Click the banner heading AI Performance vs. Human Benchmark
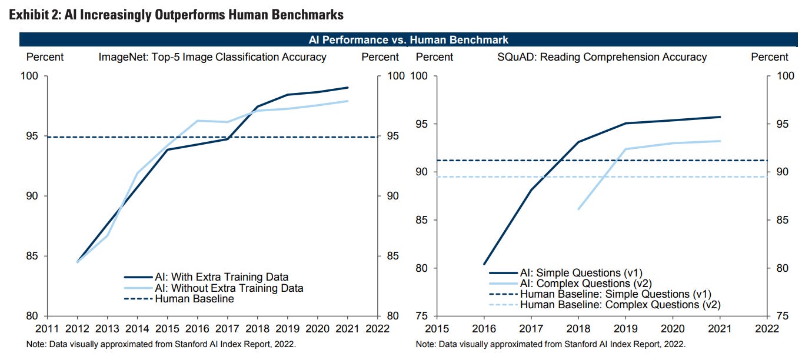(x=408, y=39)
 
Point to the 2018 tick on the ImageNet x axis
(x=258, y=328)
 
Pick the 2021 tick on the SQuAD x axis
(x=720, y=328)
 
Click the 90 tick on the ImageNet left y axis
(x=31, y=196)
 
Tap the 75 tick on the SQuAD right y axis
(x=786, y=316)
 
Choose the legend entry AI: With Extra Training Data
(x=221, y=277)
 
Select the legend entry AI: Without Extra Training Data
(x=229, y=288)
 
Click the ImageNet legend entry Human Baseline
(x=194, y=299)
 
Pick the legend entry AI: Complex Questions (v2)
(x=583, y=284)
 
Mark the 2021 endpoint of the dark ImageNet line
(x=348, y=88)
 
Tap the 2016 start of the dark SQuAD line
(x=485, y=264)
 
